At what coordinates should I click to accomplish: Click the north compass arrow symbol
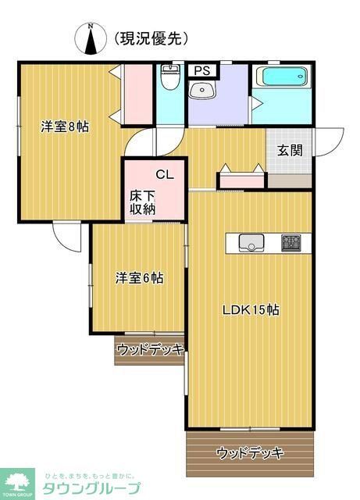92,39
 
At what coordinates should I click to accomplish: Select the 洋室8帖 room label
65,126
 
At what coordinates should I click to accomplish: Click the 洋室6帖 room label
139,277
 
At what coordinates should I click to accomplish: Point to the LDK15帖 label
251,309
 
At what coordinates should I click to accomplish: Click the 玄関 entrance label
290,151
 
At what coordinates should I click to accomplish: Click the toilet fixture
169,79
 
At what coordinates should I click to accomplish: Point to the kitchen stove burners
290,243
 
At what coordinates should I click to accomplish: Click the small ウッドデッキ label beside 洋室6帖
149,350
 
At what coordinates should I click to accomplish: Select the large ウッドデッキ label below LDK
250,452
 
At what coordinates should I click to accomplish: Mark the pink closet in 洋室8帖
137,94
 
